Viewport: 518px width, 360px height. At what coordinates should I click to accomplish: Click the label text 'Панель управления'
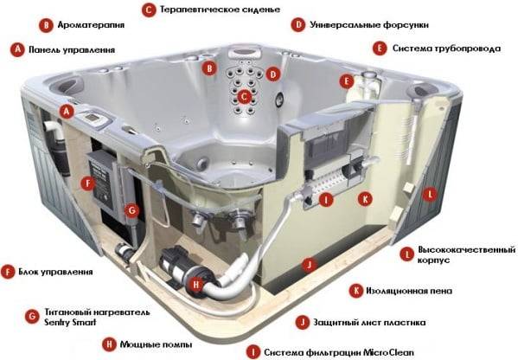tap(72, 50)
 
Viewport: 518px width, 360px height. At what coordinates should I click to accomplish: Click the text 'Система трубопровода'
tap(446, 48)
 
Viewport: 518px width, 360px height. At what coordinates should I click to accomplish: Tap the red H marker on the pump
tap(196, 283)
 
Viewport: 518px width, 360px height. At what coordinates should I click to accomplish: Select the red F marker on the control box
tap(85, 183)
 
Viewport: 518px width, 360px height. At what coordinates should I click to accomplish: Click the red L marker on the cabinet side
tap(428, 196)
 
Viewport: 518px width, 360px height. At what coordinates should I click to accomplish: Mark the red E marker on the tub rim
tap(347, 81)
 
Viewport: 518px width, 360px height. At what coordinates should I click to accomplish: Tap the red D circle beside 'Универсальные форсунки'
tap(298, 25)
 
